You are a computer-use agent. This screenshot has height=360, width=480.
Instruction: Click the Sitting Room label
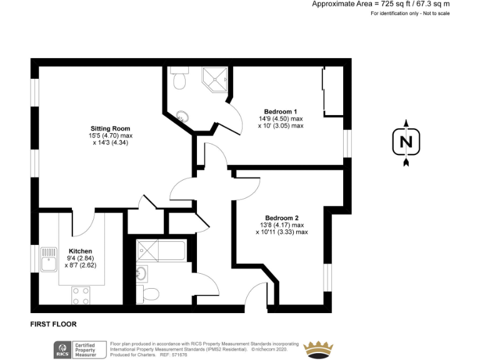110,129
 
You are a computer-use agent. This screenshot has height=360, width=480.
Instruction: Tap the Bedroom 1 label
281,111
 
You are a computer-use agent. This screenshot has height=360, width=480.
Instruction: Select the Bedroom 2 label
281,218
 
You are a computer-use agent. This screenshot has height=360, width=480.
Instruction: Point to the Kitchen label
80,251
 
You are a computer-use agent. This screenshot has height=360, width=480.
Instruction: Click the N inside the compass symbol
406,142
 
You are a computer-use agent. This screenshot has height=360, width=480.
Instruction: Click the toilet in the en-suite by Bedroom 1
179,80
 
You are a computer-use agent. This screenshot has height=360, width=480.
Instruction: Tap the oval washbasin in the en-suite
182,116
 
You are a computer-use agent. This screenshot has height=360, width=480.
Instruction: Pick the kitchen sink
47,259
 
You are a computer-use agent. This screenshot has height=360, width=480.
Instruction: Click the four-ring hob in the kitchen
80,295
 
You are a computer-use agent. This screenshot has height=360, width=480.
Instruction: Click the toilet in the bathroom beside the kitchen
149,292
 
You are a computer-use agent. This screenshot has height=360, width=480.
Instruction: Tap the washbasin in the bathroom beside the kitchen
141,273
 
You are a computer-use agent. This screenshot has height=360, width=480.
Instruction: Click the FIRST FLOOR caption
53,324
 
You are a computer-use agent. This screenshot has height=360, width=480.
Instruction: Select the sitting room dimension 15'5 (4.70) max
111,136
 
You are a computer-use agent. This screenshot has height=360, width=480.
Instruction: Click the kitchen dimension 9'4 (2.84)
81,257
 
